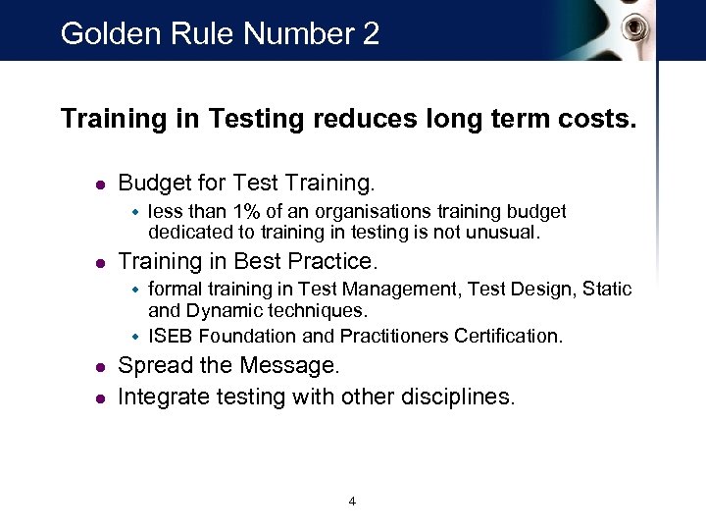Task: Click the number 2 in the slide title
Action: [x=370, y=34]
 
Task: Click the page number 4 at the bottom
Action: [x=352, y=502]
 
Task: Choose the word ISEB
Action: [x=169, y=336]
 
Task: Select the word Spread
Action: [x=153, y=366]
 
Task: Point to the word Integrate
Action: [x=164, y=397]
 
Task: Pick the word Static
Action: [x=608, y=289]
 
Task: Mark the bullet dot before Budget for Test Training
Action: [x=98, y=184]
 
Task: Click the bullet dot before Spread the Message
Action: [x=98, y=367]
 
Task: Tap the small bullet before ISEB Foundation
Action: [x=136, y=336]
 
